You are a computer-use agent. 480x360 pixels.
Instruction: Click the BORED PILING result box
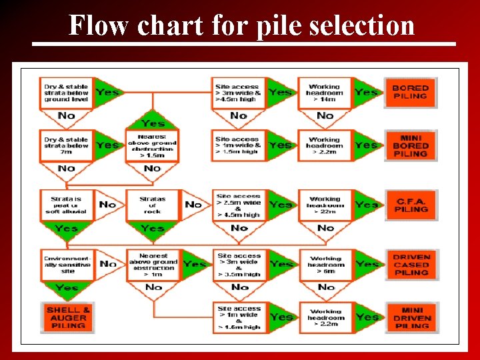coord(410,92)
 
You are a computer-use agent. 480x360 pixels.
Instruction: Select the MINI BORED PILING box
coord(410,145)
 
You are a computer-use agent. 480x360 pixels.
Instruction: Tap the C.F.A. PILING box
coord(410,205)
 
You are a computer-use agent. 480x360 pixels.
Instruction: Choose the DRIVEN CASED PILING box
coord(411,265)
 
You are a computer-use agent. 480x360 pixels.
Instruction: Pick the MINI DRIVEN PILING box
coord(411,318)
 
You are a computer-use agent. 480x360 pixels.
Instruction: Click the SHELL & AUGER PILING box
coord(68,318)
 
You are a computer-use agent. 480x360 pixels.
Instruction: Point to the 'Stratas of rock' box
coord(153,205)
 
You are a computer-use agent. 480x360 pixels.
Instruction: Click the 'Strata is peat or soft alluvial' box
coord(67,205)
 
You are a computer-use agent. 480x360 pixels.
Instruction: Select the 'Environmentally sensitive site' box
coord(67,265)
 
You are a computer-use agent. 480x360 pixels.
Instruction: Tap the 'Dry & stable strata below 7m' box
coord(67,145)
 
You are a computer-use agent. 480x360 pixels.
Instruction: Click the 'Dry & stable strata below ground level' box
coord(67,92)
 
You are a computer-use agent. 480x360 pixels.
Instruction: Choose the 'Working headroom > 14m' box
coord(325,92)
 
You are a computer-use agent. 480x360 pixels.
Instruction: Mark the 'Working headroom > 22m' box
coord(325,205)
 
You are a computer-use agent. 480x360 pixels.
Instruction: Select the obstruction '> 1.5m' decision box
coord(153,145)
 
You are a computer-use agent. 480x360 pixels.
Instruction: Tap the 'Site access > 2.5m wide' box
coord(239,205)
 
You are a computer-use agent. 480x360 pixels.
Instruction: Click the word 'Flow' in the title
coord(99,26)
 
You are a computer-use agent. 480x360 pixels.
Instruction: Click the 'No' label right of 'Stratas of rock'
coord(193,204)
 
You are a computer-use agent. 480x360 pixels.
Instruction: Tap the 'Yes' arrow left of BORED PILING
coord(366,92)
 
